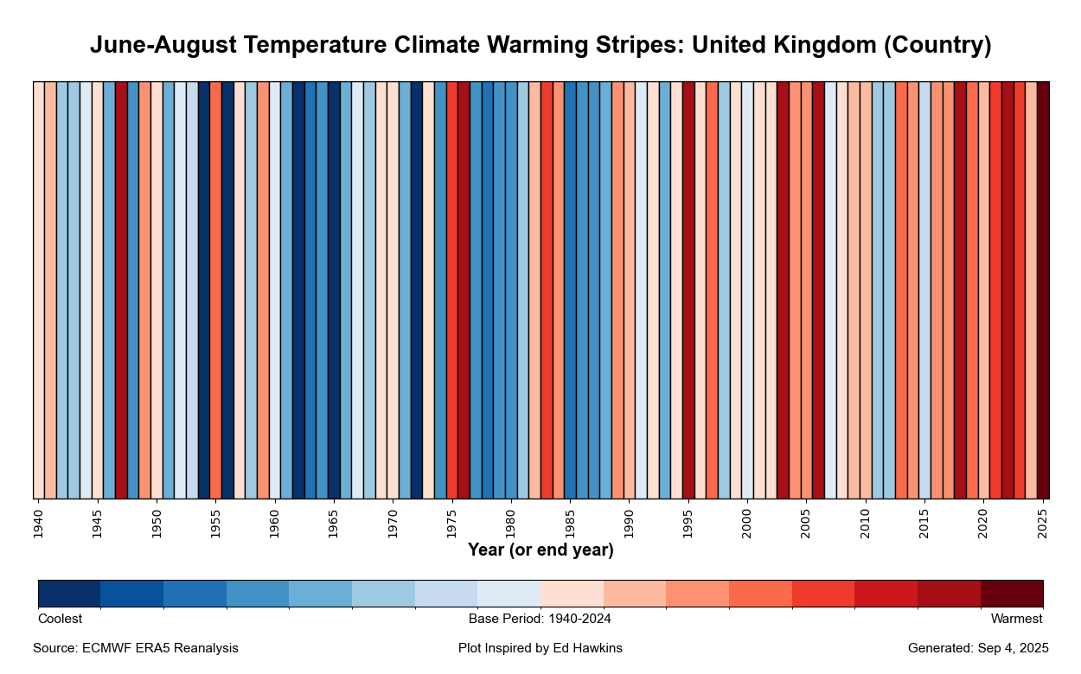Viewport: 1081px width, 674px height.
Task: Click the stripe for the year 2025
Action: click(1043, 290)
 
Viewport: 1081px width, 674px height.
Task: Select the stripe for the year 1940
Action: click(39, 290)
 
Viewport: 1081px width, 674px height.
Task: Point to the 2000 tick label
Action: click(747, 524)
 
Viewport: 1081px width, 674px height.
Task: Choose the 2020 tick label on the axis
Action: click(983, 524)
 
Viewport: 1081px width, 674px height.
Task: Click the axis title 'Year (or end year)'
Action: click(540, 550)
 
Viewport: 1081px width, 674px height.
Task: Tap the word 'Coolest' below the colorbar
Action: click(60, 619)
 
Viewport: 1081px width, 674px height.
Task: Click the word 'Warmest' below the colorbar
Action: click(1016, 619)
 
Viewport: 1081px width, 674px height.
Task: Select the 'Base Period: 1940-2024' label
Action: click(540, 619)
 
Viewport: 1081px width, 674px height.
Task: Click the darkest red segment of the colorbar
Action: click(1012, 594)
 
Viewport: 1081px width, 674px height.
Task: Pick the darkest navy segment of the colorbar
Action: click(69, 594)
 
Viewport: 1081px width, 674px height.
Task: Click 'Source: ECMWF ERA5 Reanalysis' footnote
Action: click(136, 648)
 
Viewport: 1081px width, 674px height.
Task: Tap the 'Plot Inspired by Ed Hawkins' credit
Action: click(540, 648)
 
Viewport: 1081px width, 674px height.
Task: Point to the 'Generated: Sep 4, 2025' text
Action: click(978, 648)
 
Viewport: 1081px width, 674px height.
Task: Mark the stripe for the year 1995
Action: click(688, 290)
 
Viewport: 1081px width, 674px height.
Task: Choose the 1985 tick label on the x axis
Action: click(570, 524)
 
